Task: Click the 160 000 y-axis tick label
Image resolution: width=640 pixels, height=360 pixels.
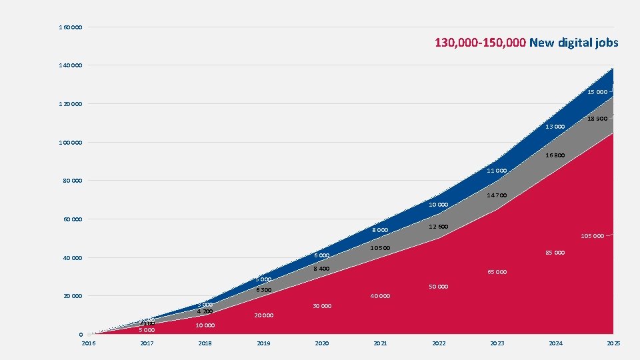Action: pyautogui.click(x=71, y=27)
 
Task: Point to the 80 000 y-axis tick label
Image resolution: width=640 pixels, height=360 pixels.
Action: pyautogui.click(x=71, y=181)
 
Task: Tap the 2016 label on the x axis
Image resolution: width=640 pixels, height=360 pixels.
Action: pyautogui.click(x=88, y=343)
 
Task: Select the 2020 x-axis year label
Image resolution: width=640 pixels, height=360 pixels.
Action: pyautogui.click(x=322, y=343)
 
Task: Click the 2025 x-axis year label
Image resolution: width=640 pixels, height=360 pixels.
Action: pyautogui.click(x=614, y=343)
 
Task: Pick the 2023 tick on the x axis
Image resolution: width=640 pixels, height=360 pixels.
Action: pyautogui.click(x=497, y=343)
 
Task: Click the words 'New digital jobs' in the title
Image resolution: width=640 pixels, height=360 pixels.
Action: pyautogui.click(x=574, y=43)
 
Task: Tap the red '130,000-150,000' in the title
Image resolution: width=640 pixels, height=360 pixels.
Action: pyautogui.click(x=481, y=43)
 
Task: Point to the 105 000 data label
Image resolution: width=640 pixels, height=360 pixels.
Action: pyautogui.click(x=592, y=236)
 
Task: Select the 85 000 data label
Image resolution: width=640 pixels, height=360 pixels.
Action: pyautogui.click(x=555, y=253)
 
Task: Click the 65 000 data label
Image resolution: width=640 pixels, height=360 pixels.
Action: pyautogui.click(x=497, y=272)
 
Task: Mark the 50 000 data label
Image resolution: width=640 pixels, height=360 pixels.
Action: pyautogui.click(x=438, y=287)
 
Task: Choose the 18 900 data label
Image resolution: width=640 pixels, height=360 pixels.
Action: pyautogui.click(x=597, y=119)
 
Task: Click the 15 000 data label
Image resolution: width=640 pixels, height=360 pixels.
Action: pyautogui.click(x=597, y=92)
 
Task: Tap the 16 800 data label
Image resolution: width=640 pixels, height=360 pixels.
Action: pyautogui.click(x=555, y=155)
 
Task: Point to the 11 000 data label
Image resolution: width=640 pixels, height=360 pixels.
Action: pyautogui.click(x=497, y=171)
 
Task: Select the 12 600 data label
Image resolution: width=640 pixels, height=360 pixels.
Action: pyautogui.click(x=438, y=227)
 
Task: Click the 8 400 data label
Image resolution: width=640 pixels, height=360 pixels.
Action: pyautogui.click(x=321, y=269)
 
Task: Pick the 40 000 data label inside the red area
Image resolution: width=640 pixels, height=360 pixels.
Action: pyautogui.click(x=380, y=296)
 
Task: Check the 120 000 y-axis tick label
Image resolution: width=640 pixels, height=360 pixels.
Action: pyautogui.click(x=71, y=104)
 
